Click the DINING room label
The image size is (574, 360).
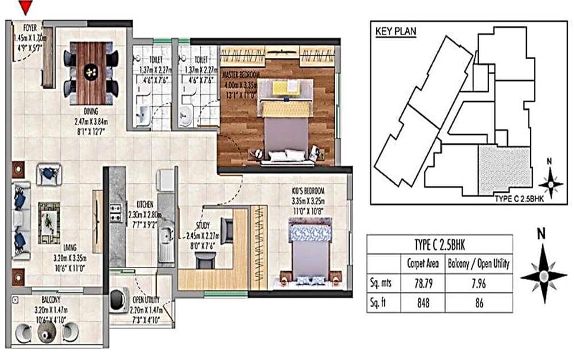coord(91,111)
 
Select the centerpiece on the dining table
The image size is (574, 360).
coord(91,72)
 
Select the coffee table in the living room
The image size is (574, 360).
coord(49,216)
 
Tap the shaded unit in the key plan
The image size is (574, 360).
coord(505,169)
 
